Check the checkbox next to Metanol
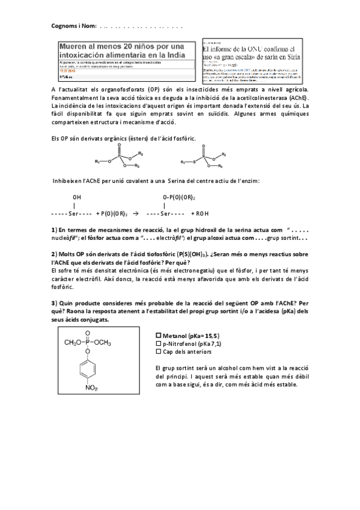point(158,336)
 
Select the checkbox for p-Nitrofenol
point(158,343)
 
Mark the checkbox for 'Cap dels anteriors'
point(158,351)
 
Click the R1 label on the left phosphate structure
point(97,161)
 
